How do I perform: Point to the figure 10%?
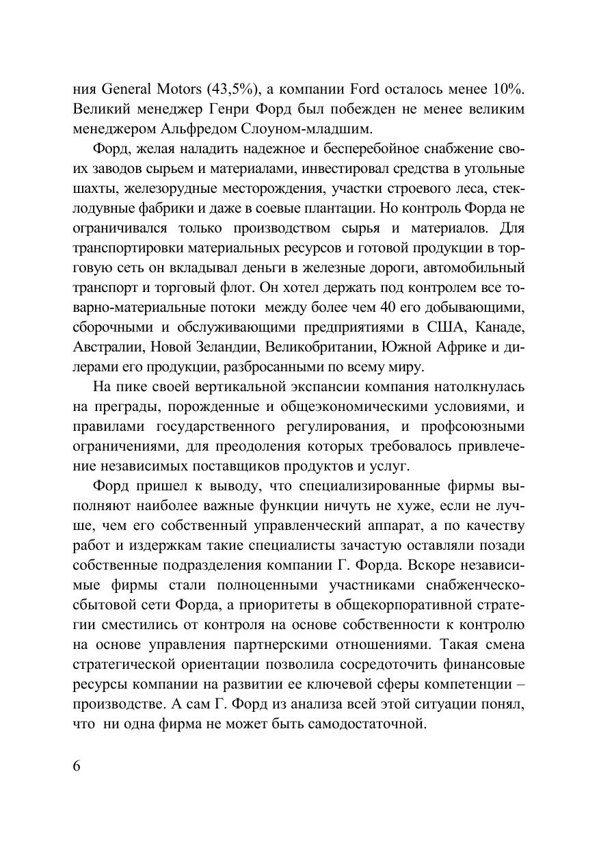(x=509, y=89)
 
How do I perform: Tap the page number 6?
(x=77, y=765)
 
